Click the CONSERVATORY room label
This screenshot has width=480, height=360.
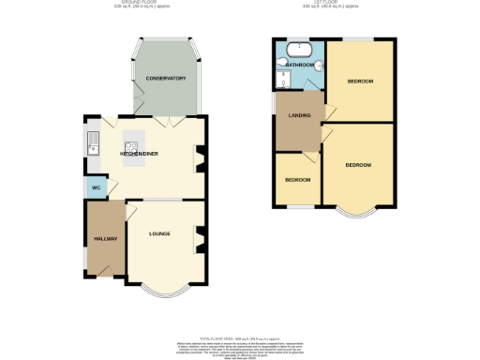pos(165,79)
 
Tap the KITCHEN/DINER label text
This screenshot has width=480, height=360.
pos(138,151)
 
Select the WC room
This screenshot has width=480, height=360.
pos(94,188)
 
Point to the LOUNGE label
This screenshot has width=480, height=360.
pos(158,232)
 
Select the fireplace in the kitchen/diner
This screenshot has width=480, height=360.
pos(199,157)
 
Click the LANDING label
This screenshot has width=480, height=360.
pos(299,116)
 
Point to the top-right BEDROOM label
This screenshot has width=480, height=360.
pos(360,82)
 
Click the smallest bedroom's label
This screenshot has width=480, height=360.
pos(297,178)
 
